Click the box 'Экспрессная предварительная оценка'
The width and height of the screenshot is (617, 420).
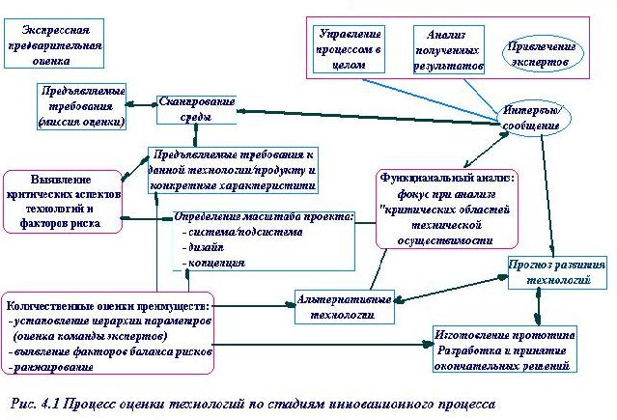click(x=53, y=41)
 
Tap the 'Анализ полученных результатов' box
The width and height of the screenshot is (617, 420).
click(x=447, y=48)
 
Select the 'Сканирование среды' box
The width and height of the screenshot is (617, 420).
click(x=197, y=108)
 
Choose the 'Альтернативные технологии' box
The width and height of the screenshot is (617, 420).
click(x=345, y=304)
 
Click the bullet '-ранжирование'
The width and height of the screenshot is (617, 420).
click(x=48, y=368)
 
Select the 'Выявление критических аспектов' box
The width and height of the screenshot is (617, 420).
click(x=63, y=202)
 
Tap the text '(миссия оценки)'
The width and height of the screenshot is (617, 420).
click(x=82, y=123)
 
